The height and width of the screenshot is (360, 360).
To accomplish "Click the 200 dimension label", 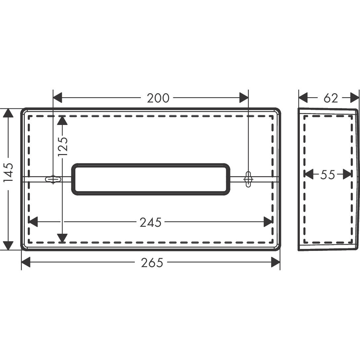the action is coord(158,98).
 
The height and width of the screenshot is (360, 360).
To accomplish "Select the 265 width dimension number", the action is coord(152,263).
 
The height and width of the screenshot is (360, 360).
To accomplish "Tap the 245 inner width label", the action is coord(151,222).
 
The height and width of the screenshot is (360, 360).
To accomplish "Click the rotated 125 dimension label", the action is coord(63,146).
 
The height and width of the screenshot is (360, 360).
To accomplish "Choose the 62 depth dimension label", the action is coord(331,98).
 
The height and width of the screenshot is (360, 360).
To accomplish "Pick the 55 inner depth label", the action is coord(328,175).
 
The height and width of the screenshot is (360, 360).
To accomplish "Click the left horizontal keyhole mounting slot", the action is coord(53,179).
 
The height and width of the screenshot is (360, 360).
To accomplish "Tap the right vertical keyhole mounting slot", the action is coord(248,179).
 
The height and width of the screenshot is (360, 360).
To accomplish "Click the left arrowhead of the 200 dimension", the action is coord(58,98).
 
